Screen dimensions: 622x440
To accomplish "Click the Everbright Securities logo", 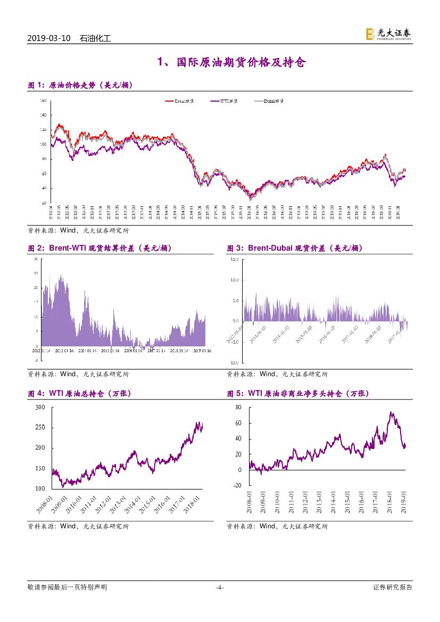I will click(x=388, y=34).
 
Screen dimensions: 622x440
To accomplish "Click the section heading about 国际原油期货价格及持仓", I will click(x=231, y=63).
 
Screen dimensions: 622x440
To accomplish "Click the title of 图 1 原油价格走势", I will click(x=80, y=85).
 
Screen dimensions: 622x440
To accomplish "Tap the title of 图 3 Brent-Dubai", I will click(x=295, y=248).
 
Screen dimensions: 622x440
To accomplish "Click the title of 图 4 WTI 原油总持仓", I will click(x=79, y=394).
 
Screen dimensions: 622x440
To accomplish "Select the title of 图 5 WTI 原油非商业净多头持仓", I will click(x=298, y=394).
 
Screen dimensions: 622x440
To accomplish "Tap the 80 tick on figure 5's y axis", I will click(x=238, y=408).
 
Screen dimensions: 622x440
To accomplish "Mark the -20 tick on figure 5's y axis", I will click(x=237, y=485).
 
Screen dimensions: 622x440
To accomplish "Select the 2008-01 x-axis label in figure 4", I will click(x=45, y=502).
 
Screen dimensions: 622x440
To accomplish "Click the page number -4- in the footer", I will click(x=220, y=587).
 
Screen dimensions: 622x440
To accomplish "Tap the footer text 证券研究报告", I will click(x=393, y=587).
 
